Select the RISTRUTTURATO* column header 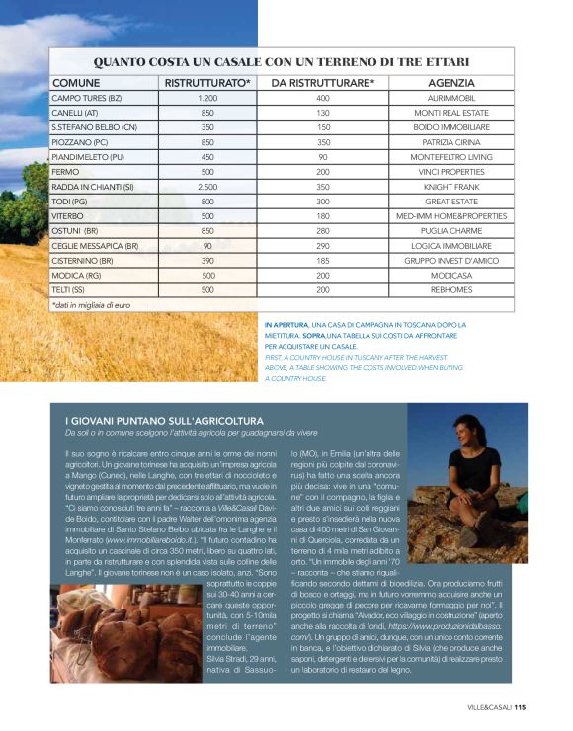(207, 82)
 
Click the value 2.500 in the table (207, 186)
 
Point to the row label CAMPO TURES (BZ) (86, 98)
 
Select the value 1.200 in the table (207, 98)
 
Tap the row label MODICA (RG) (78, 275)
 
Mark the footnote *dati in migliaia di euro (91, 306)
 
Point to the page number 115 (520, 707)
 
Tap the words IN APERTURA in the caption (286, 324)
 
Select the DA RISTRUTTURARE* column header (323, 82)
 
